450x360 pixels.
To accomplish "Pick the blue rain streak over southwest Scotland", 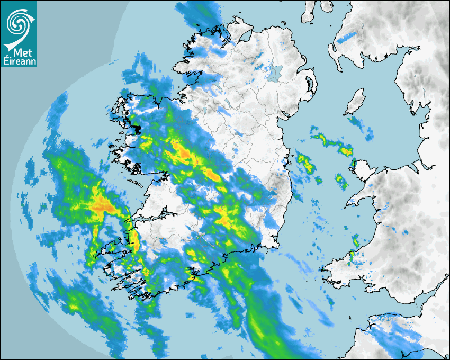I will [x=346, y=37].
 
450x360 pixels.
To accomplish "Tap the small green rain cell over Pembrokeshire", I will [x=351, y=257].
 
